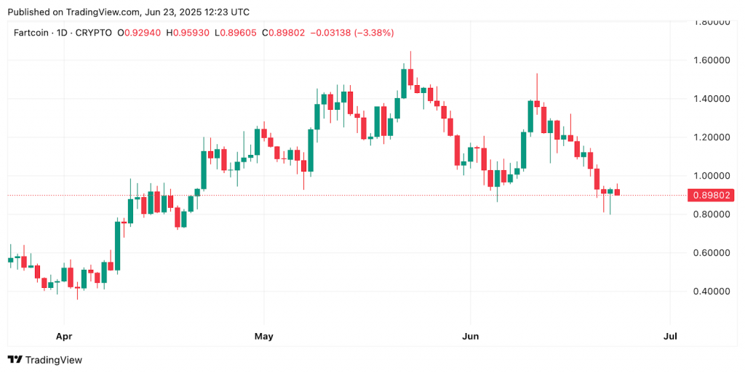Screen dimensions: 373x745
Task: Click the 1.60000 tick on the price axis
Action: [x=712, y=60]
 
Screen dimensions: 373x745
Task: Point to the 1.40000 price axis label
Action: [x=712, y=98]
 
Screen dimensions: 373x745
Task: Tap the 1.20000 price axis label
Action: [x=712, y=137]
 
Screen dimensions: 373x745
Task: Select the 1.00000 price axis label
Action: [x=712, y=175]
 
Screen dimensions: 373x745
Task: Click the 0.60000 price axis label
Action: [x=712, y=253]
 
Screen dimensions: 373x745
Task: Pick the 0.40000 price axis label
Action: [x=712, y=292]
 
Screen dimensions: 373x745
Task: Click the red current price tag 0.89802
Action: [x=713, y=195]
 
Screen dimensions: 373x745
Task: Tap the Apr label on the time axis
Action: [x=64, y=337]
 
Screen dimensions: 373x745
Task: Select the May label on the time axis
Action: [x=263, y=337]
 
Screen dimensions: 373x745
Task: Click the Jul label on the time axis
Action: [x=670, y=337]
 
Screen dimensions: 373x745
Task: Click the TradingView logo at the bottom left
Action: [x=45, y=360]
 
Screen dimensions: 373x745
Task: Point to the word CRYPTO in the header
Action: [x=94, y=33]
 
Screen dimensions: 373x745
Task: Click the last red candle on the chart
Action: [x=617, y=192]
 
